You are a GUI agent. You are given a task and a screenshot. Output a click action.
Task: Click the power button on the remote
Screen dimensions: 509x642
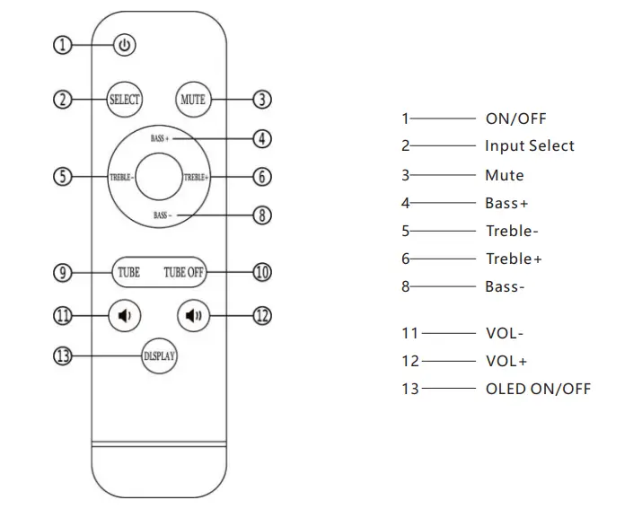124,45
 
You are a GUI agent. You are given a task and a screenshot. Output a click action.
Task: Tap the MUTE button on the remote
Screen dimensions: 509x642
193,99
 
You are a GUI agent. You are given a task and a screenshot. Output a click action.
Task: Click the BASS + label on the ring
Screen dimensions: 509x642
159,139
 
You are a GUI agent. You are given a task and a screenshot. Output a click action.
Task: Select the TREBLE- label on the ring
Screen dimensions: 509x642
123,177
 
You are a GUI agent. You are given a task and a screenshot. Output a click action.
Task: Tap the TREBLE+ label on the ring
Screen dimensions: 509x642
196,177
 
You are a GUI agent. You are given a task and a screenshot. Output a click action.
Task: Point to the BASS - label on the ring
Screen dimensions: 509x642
163,215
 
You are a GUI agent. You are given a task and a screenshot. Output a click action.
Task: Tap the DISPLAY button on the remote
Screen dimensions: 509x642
160,355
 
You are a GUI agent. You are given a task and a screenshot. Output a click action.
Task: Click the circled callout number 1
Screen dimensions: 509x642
62,44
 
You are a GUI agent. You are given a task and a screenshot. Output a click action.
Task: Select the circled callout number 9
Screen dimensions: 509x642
62,272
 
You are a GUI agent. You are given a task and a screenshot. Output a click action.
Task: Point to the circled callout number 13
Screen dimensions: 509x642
62,355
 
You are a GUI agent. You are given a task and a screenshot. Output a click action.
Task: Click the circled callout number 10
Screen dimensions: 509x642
262,272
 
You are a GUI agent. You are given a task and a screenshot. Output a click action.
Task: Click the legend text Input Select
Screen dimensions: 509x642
530,145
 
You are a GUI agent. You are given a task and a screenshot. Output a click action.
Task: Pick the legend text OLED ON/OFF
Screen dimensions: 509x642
538,389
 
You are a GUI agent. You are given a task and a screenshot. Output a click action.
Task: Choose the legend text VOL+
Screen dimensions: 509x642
506,361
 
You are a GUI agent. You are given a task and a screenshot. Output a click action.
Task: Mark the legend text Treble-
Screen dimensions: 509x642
512,231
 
